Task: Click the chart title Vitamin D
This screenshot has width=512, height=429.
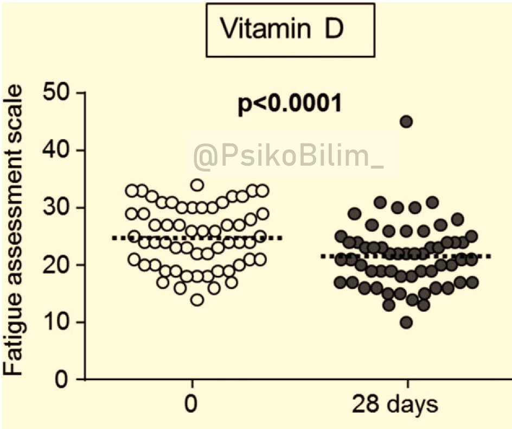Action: click(290, 30)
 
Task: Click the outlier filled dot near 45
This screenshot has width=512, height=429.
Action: click(406, 122)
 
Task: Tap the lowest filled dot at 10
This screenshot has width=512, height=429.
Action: click(406, 323)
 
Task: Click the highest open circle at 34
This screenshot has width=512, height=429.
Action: click(197, 185)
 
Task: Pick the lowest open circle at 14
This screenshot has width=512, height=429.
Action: click(197, 300)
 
